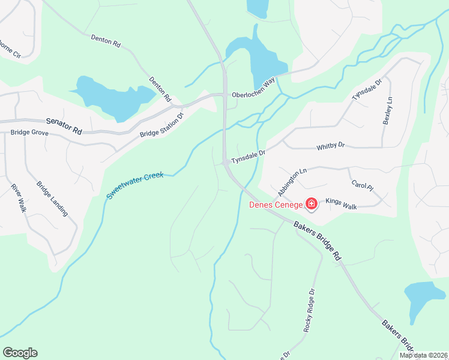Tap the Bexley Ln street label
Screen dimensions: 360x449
click(x=387, y=110)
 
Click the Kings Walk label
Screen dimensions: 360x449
click(x=341, y=204)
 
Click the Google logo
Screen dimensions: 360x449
click(x=20, y=353)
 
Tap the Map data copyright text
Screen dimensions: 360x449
click(x=423, y=355)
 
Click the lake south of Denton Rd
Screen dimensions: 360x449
click(x=114, y=97)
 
